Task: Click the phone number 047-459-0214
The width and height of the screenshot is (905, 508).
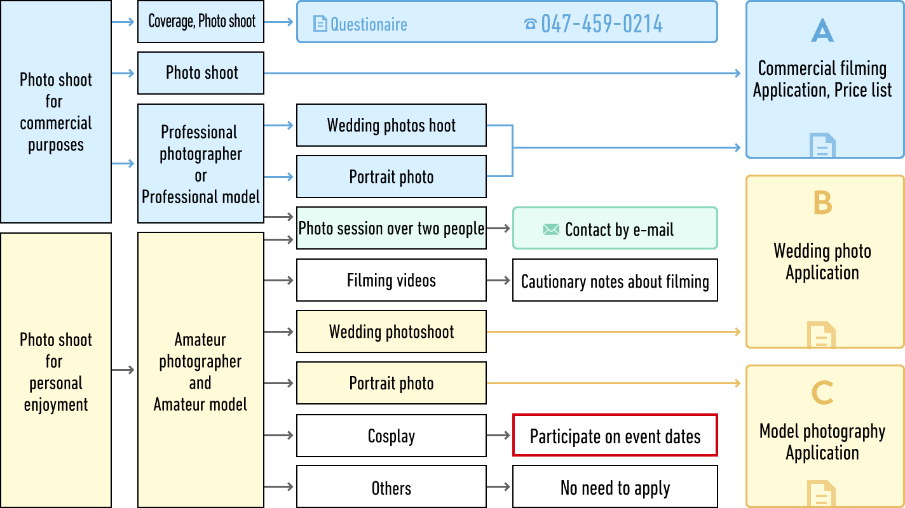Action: tap(601, 24)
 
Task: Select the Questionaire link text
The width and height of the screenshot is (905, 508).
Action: tap(369, 25)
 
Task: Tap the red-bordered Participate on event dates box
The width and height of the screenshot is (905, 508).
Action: tap(615, 436)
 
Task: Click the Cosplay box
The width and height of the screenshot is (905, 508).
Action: tap(391, 436)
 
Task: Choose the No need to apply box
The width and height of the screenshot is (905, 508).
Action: tap(615, 488)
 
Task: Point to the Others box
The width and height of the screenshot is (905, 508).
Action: tap(391, 488)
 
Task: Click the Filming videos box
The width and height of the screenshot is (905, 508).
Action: tap(391, 280)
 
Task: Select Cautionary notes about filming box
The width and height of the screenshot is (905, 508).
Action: tap(615, 280)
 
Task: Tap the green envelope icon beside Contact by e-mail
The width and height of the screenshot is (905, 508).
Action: tap(551, 229)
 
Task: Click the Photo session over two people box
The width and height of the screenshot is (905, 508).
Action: tap(391, 228)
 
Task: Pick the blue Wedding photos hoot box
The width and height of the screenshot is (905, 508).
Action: tap(391, 125)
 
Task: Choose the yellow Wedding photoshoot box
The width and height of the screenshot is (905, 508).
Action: tap(391, 331)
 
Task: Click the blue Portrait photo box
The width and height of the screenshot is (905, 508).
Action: tap(391, 177)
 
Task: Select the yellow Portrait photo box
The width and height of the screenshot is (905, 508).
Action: tap(391, 383)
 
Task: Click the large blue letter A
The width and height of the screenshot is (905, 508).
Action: tap(822, 30)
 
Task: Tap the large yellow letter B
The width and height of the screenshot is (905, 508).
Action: tap(822, 203)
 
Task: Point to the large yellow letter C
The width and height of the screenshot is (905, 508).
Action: tap(822, 392)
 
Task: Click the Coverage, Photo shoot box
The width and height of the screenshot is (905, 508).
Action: tap(201, 22)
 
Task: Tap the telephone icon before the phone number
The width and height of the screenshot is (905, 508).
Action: tap(531, 25)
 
